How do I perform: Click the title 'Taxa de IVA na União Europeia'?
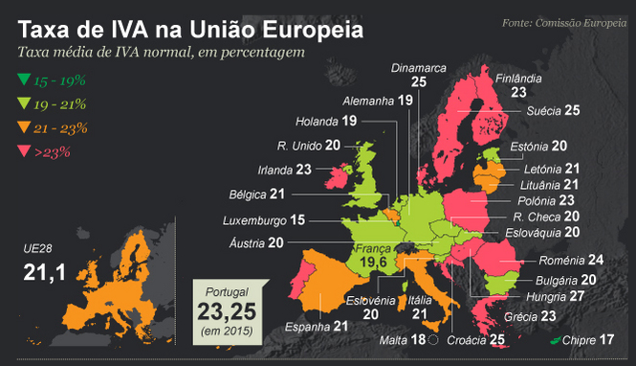(x=191, y=28)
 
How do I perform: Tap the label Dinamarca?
(x=419, y=68)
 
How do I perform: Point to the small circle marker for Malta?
(x=433, y=340)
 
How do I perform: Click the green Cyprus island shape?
(x=554, y=341)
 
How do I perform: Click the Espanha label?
(x=308, y=327)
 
